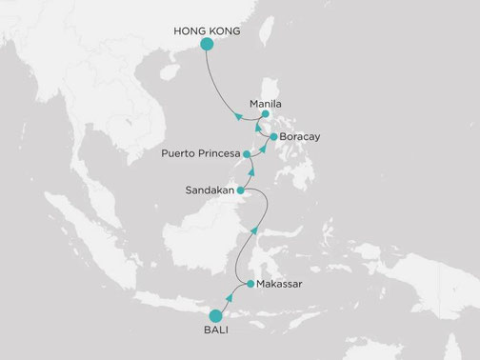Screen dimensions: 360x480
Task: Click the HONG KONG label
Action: point(205,31)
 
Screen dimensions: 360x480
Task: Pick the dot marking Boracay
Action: point(274,137)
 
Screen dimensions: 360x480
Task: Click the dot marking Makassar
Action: point(250,284)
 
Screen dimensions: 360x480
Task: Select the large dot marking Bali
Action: point(214,315)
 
